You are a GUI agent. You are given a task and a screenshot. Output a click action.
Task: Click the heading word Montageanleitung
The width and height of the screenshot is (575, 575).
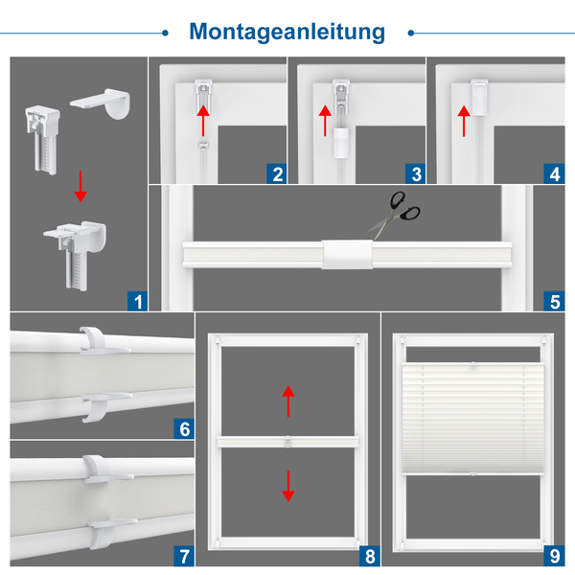tap(287, 32)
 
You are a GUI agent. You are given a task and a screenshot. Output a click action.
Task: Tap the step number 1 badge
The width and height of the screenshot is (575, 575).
tap(137, 301)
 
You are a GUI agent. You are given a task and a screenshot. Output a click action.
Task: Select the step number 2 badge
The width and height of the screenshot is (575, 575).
tap(277, 173)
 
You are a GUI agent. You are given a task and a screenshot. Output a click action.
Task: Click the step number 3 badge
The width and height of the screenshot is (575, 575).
tap(416, 173)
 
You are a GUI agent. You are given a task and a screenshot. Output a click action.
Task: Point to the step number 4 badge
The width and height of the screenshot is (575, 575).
tap(555, 173)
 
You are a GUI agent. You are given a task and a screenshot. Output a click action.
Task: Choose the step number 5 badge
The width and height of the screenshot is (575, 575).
tap(555, 301)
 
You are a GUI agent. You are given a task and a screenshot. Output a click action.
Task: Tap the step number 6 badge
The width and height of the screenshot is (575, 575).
tap(184, 428)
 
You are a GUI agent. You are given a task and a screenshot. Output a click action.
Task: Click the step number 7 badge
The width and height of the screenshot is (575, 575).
tap(184, 556)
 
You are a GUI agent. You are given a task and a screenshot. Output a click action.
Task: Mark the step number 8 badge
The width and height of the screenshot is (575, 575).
tap(370, 556)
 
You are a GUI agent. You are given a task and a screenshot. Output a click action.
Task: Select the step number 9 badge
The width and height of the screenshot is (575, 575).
tap(555, 556)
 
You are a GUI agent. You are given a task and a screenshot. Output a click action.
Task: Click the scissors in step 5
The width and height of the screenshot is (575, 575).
tap(395, 216)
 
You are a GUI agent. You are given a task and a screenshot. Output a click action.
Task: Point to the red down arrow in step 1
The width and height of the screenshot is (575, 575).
tap(80, 186)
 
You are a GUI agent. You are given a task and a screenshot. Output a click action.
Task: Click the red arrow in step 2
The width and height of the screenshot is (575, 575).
tap(203, 121)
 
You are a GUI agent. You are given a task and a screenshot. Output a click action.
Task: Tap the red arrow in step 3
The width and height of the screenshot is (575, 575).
tap(325, 121)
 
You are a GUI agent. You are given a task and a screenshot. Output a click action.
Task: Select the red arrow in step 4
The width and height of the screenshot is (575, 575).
tap(464, 121)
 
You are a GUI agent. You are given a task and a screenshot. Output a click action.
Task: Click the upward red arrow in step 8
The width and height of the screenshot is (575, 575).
tap(288, 401)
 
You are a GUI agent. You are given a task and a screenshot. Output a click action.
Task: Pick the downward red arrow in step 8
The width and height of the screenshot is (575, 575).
tap(288, 486)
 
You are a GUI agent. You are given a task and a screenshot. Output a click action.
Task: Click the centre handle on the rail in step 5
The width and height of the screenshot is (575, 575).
tap(347, 254)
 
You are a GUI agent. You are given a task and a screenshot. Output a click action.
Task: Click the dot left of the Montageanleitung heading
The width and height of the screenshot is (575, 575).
tap(165, 33)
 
